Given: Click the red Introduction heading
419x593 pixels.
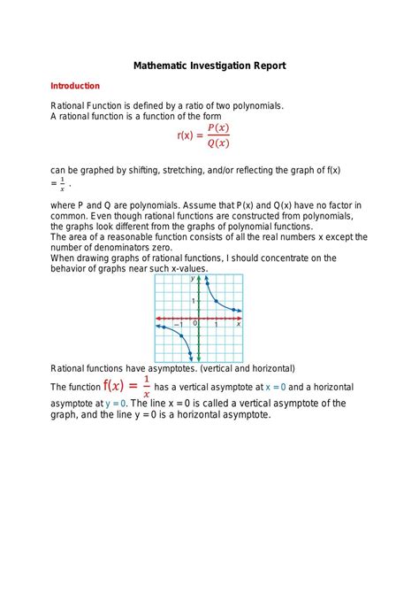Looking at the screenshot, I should coord(75,86).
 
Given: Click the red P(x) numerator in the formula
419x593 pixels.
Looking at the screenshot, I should coord(218,127).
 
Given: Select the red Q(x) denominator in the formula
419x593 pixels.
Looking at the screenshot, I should coord(218,143).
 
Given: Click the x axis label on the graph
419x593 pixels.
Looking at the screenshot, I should coord(239,324).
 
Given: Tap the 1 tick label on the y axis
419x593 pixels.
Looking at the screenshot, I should coord(194,302).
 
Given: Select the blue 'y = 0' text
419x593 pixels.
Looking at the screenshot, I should coord(117,403).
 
